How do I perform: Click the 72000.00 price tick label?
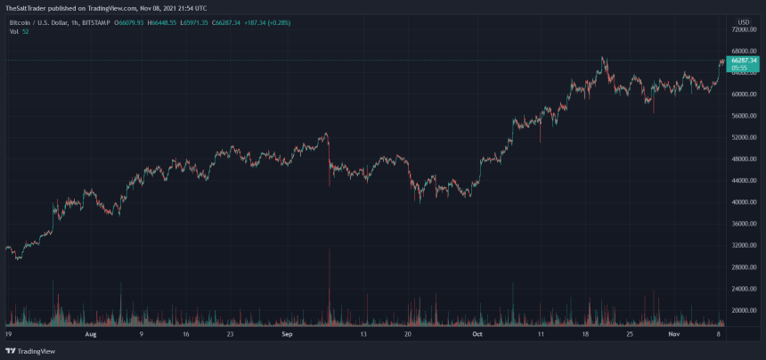pos(744,29)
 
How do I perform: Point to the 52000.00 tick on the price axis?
pos(744,137)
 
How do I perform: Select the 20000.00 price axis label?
pos(744,310)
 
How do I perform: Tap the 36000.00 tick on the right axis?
pos(744,224)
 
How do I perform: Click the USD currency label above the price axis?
pos(743,20)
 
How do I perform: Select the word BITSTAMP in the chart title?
pos(96,21)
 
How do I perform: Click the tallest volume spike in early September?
pos(330,267)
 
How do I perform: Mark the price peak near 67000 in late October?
pos(605,58)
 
